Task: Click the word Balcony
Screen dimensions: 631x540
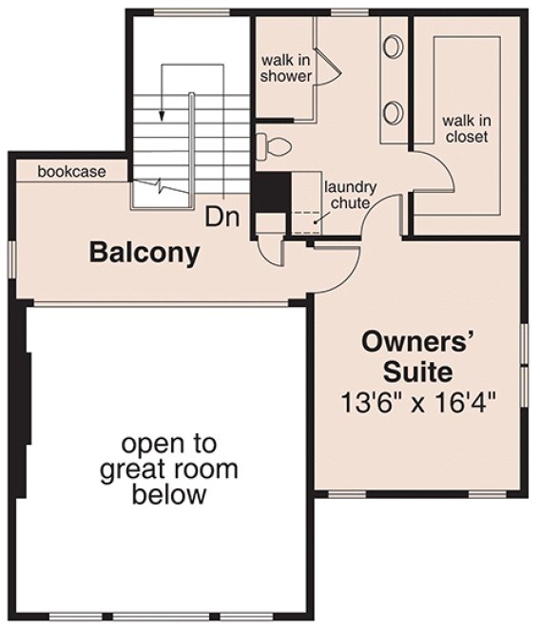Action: tap(145, 253)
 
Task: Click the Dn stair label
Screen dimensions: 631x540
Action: tap(222, 218)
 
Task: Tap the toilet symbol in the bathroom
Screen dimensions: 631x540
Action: tap(272, 147)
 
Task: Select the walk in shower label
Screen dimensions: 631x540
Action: tap(287, 67)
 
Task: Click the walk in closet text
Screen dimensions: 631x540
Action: tap(465, 129)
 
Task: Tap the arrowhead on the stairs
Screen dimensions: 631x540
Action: tap(162, 115)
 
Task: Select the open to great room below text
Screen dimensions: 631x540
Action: tap(167, 468)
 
